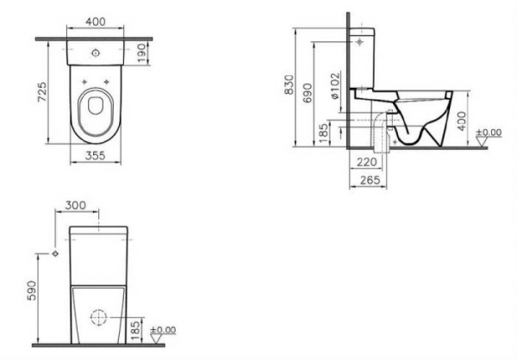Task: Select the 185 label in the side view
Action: click(321, 133)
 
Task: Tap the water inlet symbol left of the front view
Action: click(55, 256)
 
